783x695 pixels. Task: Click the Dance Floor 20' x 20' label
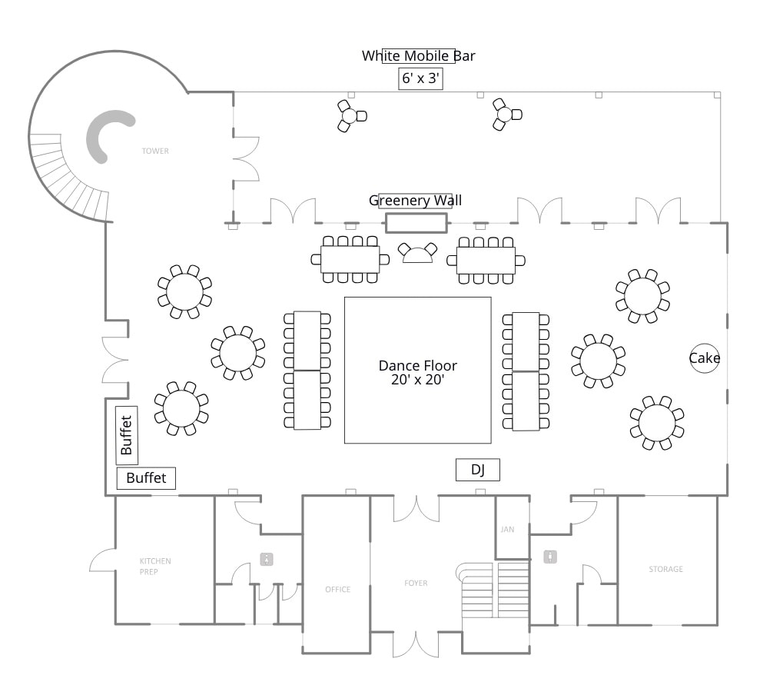[x=417, y=372]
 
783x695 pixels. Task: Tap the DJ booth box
[x=478, y=470]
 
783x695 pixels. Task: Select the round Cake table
[x=705, y=358]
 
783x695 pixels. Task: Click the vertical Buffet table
[x=127, y=435]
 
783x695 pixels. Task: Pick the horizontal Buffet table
[x=146, y=478]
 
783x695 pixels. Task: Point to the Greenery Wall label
[x=416, y=201]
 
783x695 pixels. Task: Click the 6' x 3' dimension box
[x=420, y=78]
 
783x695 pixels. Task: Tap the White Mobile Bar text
[x=419, y=55]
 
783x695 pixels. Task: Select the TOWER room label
[x=155, y=151]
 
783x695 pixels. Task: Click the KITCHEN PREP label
[x=154, y=566]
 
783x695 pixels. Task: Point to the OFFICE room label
[x=337, y=590]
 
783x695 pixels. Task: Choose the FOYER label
[x=416, y=583]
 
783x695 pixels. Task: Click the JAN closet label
[x=507, y=529]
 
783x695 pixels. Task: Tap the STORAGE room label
[x=665, y=569]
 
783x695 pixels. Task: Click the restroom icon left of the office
[x=267, y=559]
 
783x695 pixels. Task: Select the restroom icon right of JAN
[x=550, y=557]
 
